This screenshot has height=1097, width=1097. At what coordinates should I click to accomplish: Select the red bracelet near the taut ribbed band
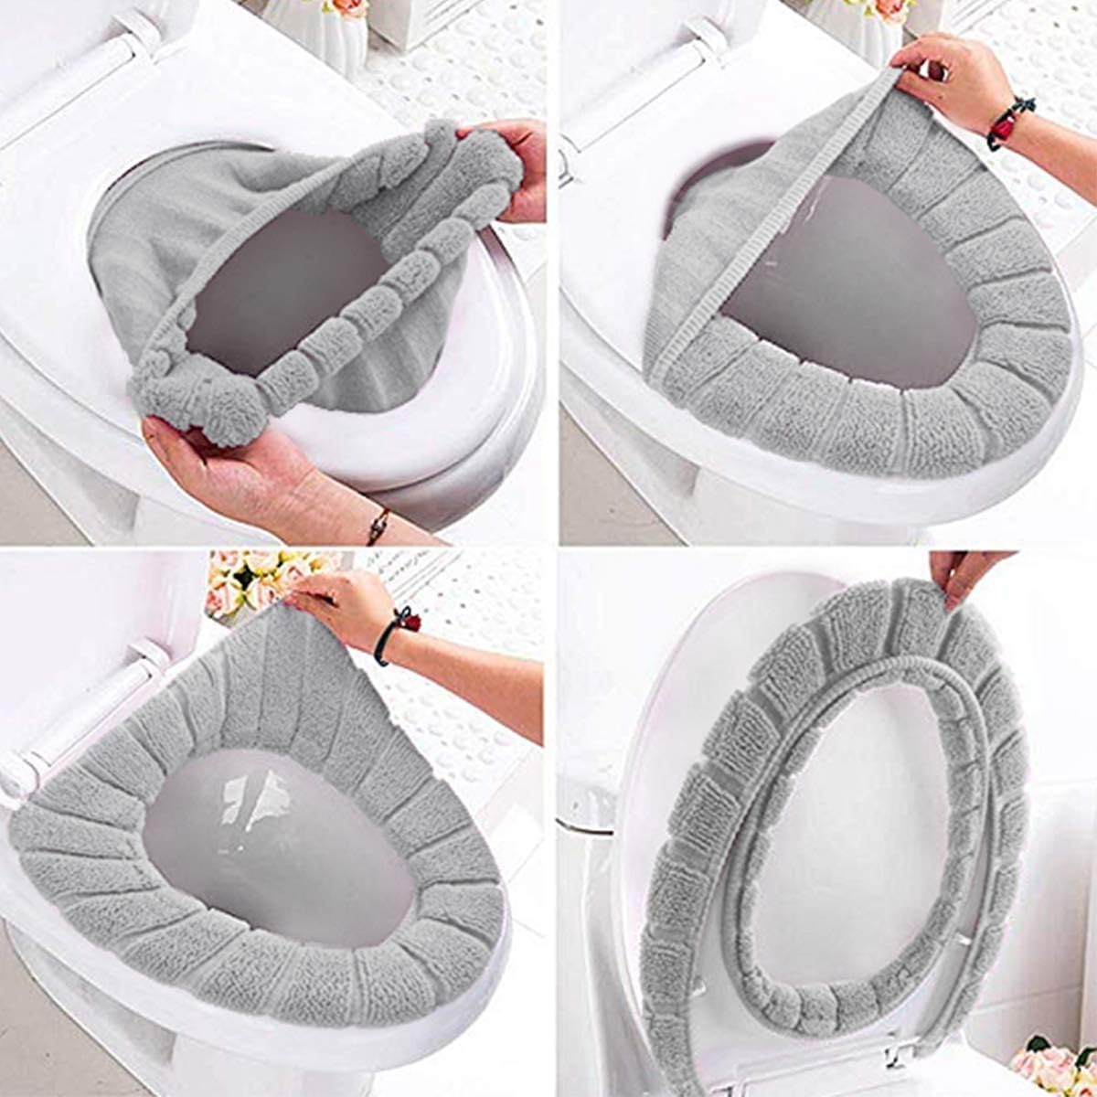(1010, 123)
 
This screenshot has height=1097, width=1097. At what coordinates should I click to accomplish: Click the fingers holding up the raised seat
(960, 571)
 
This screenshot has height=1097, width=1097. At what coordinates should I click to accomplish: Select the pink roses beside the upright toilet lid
(1051, 1065)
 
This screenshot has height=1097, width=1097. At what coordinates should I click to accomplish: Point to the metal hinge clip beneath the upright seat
(900, 1051)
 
